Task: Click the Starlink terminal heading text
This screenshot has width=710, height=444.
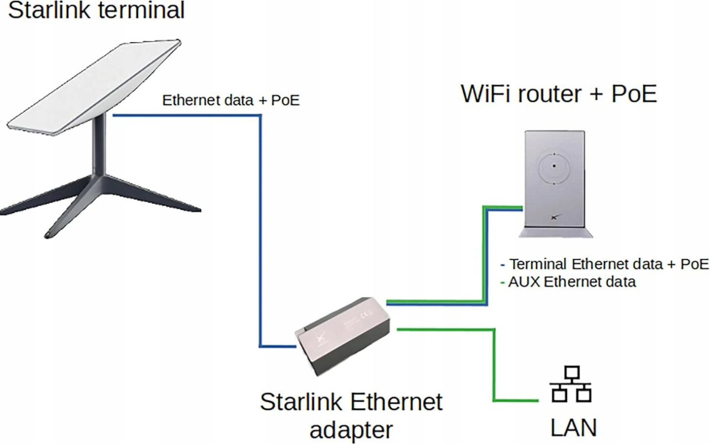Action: tap(96, 10)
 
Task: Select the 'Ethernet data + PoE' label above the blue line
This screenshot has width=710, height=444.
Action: tap(231, 100)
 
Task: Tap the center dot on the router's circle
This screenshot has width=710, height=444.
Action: tap(554, 166)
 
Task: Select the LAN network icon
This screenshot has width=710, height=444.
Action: tap(571, 384)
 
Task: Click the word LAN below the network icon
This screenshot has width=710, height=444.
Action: tap(573, 428)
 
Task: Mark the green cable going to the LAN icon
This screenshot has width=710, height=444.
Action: tap(494, 368)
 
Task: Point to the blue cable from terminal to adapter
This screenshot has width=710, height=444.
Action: tap(260, 228)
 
